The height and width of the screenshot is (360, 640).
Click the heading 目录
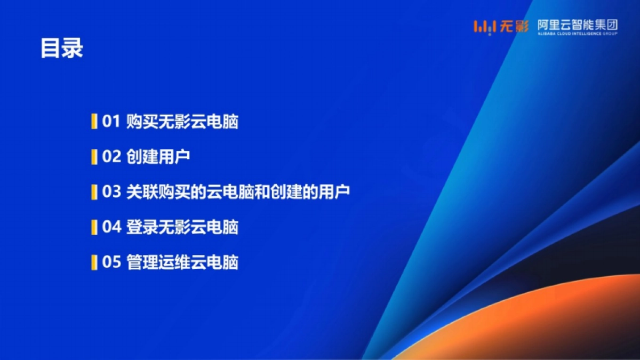tap(62, 49)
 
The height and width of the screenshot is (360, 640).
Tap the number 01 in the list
tap(112, 122)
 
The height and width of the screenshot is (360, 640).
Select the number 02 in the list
tap(112, 157)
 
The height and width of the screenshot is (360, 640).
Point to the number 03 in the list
tap(112, 192)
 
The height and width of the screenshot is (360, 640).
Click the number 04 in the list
tap(112, 227)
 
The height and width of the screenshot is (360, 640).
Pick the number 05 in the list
tap(112, 262)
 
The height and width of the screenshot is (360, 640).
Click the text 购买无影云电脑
tap(182, 122)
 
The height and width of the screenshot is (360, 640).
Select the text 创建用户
tap(158, 157)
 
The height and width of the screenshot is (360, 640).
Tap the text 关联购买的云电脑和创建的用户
tap(238, 192)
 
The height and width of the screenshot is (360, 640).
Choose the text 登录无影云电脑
tap(182, 227)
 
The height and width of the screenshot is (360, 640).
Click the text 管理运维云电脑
tap(182, 262)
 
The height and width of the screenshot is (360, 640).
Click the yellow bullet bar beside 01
tap(94, 122)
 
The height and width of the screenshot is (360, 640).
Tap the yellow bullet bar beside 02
tap(94, 157)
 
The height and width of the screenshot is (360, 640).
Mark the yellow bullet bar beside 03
tap(94, 192)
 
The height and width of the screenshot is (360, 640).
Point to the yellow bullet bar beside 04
tap(94, 227)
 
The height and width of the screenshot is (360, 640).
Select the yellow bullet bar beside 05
tap(94, 262)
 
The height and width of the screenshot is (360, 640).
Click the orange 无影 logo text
tap(515, 26)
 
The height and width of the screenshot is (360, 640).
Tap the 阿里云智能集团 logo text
tap(577, 25)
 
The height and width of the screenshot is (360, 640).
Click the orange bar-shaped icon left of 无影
tap(486, 27)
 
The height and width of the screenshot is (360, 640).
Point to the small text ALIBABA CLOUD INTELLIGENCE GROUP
tap(577, 34)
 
